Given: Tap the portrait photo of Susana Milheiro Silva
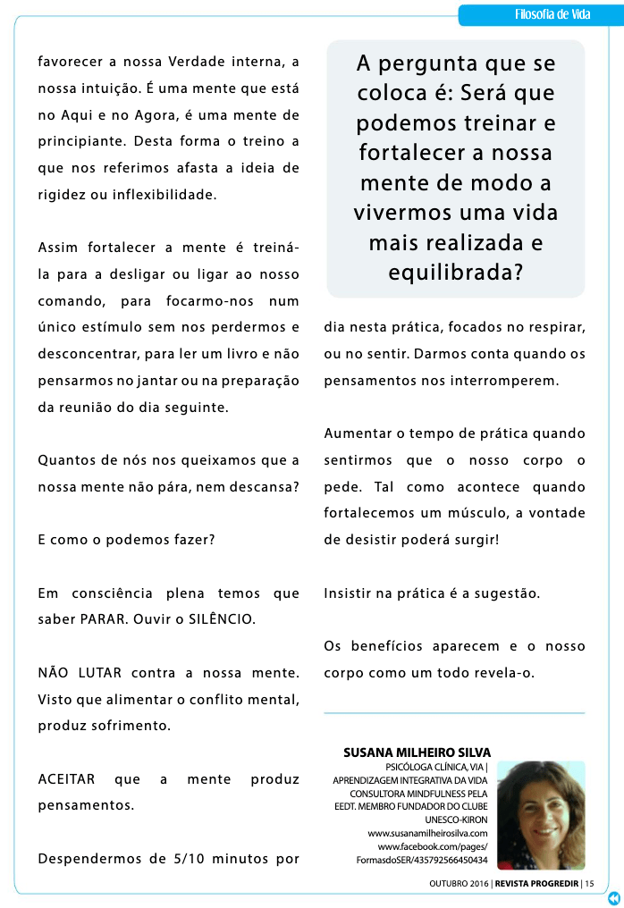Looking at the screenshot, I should tap(541, 814).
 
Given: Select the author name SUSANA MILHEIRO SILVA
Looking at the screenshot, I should tap(417, 752).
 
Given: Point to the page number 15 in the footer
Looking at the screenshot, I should tap(590, 884).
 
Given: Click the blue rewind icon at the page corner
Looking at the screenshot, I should tap(613, 897).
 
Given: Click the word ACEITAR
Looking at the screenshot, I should tap(66, 778).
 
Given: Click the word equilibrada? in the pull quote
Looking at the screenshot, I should tap(455, 273).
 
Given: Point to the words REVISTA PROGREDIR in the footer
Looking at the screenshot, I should tap(534, 884).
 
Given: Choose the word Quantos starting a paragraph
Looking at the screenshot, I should tap(66, 460).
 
